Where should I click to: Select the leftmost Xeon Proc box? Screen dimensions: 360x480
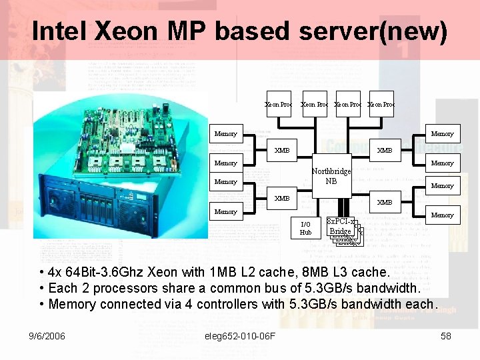click(x=278, y=104)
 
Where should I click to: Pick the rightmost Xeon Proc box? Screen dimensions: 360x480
click(x=381, y=104)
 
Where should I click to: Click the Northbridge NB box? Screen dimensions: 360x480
click(x=331, y=176)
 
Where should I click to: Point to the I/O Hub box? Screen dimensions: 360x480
click(x=305, y=228)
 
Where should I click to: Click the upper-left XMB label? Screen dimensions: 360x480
click(x=282, y=150)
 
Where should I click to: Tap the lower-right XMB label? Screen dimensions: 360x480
click(x=385, y=202)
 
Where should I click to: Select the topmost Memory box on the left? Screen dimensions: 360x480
click(x=225, y=133)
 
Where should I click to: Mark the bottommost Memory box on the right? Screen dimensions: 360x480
click(x=442, y=215)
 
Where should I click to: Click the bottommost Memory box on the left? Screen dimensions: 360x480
click(x=225, y=211)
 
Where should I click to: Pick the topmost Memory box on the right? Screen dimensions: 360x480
click(x=442, y=133)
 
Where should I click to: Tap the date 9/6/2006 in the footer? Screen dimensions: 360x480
click(x=47, y=336)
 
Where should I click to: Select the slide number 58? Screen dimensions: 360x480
click(x=446, y=336)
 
